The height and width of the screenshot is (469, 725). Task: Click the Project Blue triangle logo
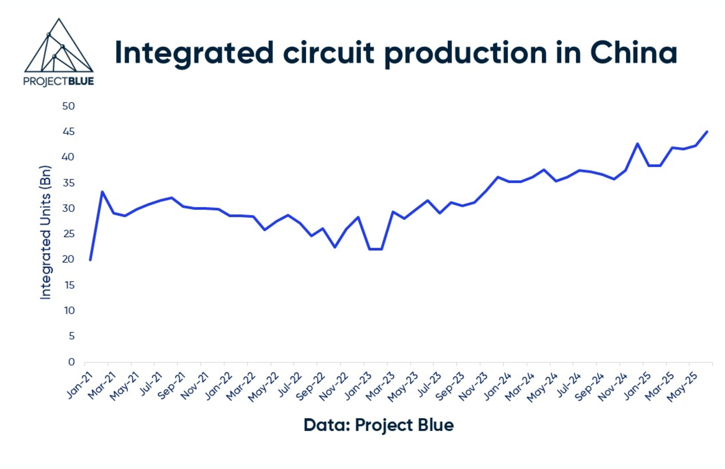pyautogui.click(x=58, y=52)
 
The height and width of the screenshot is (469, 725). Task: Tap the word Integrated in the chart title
pyautogui.click(x=194, y=53)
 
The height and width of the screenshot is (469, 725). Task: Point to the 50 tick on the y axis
pyautogui.click(x=68, y=106)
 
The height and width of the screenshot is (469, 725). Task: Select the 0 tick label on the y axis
pyautogui.click(x=71, y=362)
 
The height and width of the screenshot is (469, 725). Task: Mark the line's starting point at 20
pyautogui.click(x=90, y=260)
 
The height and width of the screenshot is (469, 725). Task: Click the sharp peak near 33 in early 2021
pyautogui.click(x=102, y=192)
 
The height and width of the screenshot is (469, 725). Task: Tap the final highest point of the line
pyautogui.click(x=707, y=132)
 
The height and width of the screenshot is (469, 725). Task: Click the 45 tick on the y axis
pyautogui.click(x=68, y=132)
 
